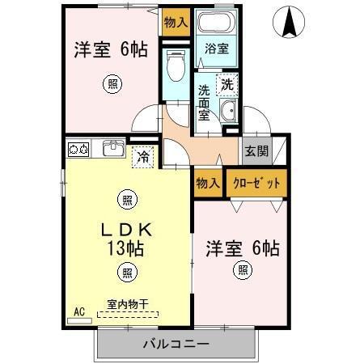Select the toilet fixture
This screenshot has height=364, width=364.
pyautogui.click(x=175, y=69)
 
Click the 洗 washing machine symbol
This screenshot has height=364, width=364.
pyautogui.click(x=227, y=83)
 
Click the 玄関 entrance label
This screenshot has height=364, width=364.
pyautogui.click(x=256, y=150)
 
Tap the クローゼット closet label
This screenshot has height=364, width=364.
pyautogui.click(x=257, y=184)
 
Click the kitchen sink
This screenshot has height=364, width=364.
pyautogui.click(x=112, y=149)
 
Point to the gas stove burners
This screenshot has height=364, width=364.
pyautogui.click(x=78, y=149)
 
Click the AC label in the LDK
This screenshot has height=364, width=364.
pyautogui.click(x=79, y=311)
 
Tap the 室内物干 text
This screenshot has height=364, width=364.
pyautogui.click(x=128, y=305)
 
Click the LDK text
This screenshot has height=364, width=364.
pyautogui.click(x=125, y=230)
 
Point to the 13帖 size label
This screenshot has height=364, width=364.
pyautogui.click(x=125, y=248)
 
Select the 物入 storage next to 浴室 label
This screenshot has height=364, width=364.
pyautogui.click(x=176, y=23)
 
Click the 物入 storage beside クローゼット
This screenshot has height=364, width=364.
pyautogui.click(x=208, y=184)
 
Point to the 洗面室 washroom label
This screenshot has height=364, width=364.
pyautogui.click(x=204, y=101)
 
